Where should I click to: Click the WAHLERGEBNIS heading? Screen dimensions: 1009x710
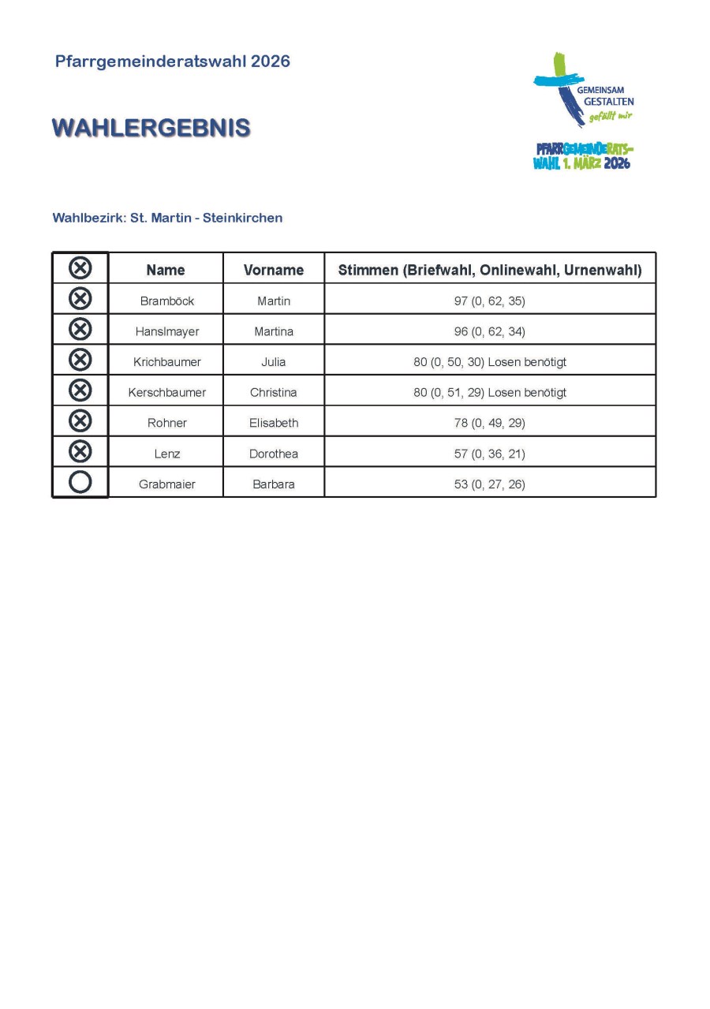(151, 128)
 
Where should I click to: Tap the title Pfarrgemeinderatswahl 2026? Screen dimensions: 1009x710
(172, 62)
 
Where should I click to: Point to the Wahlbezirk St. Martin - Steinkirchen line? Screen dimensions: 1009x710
(167, 218)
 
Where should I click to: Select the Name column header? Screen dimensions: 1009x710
(166, 270)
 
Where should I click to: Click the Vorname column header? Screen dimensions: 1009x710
(274, 270)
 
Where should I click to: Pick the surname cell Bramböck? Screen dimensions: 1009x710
(166, 301)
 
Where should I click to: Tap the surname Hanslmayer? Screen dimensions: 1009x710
(166, 331)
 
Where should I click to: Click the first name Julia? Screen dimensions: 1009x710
(274, 362)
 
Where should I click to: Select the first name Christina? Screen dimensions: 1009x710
(274, 392)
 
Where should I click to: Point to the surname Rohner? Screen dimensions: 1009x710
(166, 423)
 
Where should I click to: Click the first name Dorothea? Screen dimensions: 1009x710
(274, 454)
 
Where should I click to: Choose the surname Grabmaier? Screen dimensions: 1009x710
(166, 484)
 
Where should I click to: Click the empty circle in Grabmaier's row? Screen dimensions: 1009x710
(80, 482)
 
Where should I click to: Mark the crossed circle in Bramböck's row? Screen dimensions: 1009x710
(80, 299)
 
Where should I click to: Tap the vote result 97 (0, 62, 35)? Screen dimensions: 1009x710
(489, 301)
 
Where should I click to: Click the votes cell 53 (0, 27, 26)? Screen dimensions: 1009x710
(489, 484)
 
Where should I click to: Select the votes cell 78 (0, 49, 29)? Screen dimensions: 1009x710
(489, 423)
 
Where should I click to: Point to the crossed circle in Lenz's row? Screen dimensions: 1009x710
(80, 451)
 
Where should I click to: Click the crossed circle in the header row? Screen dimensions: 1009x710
(80, 268)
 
